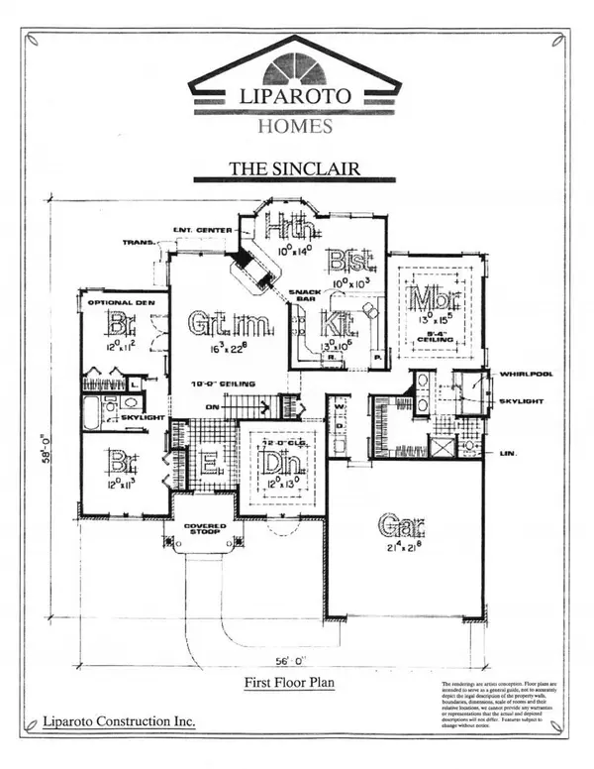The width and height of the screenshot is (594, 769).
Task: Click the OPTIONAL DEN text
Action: click(x=112, y=302)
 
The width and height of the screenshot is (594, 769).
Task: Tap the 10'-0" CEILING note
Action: click(x=227, y=383)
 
